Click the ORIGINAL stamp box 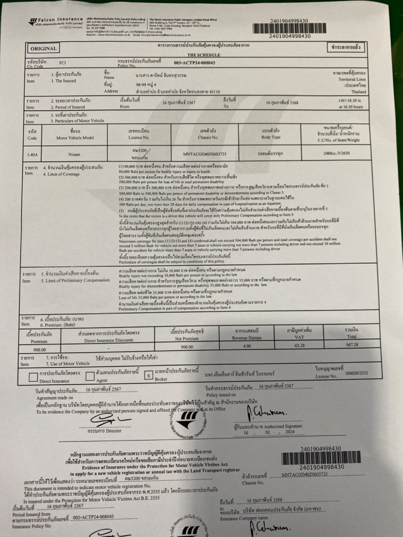tap(43, 48)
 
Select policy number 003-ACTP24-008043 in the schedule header tap(194, 63)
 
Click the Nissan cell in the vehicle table tap(74, 154)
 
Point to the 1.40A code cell tap(32, 155)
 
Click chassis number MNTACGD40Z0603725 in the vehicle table tap(205, 154)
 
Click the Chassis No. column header tap(208, 134)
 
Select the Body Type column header tap(271, 134)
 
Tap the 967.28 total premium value tap(352, 345)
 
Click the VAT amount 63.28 tap(300, 345)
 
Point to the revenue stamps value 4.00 tap(247, 346)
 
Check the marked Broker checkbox tap(148, 376)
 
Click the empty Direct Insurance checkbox tap(33, 377)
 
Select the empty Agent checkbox tap(90, 376)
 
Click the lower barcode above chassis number tap(321, 458)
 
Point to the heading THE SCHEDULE tap(204, 55)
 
